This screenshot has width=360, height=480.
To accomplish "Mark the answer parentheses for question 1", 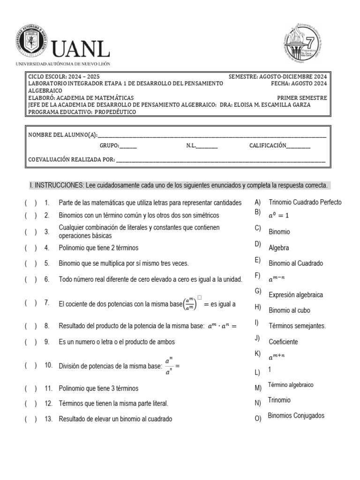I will click(x=31, y=203).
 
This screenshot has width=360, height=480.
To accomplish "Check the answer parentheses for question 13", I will click(x=31, y=419).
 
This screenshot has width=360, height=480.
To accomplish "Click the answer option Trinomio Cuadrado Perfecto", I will click(x=305, y=202).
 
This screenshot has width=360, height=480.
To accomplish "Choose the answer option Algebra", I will click(x=279, y=247).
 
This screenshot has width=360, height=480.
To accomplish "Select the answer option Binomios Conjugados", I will click(x=296, y=416).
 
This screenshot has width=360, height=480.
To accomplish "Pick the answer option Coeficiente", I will click(x=283, y=342).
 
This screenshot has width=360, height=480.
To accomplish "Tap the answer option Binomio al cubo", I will click(x=289, y=310).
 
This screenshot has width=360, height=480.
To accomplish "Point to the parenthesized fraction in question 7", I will click(x=189, y=304).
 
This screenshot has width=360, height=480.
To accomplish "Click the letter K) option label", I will click(x=257, y=354).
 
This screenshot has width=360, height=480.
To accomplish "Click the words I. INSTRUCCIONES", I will click(x=56, y=186).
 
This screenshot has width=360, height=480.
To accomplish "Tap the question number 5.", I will click(x=47, y=263).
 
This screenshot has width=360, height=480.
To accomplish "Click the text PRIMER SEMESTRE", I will click(x=305, y=98).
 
